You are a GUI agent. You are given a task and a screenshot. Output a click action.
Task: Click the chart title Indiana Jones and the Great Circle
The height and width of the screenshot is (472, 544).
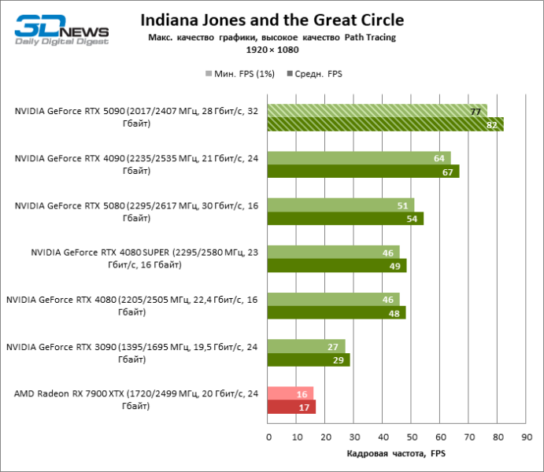click(272, 20)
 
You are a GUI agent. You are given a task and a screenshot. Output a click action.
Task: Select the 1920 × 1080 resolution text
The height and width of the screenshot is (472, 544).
click(272, 50)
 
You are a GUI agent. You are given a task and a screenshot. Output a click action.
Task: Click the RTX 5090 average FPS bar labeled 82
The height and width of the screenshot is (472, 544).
click(386, 124)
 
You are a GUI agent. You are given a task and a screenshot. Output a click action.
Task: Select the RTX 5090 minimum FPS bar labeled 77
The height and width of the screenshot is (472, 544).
click(377, 111)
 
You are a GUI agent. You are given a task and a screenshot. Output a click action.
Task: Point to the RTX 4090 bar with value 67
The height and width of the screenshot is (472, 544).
click(363, 171)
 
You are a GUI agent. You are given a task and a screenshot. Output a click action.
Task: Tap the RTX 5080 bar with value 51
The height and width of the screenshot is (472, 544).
click(341, 205)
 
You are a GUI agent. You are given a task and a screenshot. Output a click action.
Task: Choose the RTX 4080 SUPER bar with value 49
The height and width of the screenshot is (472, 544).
click(337, 266)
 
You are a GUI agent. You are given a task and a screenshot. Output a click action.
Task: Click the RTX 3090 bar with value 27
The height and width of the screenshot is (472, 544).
click(306, 346)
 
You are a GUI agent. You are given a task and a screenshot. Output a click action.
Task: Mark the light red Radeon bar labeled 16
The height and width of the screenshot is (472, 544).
click(291, 393)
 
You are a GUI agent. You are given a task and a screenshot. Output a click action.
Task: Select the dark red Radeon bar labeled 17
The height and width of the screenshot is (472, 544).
click(292, 407)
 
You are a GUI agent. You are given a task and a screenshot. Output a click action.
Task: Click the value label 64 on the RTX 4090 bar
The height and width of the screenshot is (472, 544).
click(439, 158)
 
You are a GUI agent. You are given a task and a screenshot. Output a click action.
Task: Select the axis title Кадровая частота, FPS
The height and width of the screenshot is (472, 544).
click(397, 454)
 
